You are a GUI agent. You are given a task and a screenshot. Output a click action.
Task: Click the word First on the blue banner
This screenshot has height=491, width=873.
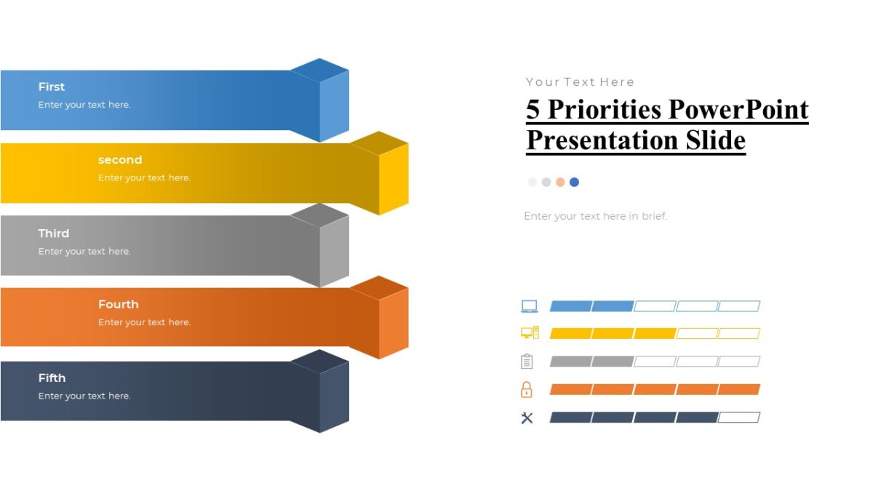[51, 87]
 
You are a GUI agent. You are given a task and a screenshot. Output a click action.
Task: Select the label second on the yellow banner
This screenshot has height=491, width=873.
[120, 160]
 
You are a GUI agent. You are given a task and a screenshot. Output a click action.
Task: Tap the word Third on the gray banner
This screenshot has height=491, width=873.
[53, 233]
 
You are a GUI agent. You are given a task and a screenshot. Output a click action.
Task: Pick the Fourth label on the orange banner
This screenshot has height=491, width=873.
[118, 304]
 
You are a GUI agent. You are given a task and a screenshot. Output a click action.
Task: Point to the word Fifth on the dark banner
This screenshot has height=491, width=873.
[52, 378]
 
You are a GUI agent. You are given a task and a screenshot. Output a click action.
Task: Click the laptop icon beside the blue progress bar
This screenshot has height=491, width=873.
[529, 306]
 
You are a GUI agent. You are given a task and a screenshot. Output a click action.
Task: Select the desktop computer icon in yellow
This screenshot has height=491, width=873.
[530, 333]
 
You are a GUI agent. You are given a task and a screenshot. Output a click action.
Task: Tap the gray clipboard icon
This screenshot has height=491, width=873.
[527, 361]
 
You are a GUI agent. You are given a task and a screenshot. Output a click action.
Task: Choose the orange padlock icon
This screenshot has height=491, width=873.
[527, 389]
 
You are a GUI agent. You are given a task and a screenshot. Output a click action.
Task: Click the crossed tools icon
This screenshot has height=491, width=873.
[527, 418]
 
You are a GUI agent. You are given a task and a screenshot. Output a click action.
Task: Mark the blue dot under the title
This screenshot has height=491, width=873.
[574, 182]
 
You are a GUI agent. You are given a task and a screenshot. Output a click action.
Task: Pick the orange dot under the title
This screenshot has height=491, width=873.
[560, 182]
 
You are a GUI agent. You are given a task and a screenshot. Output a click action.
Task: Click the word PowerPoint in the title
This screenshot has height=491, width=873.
[738, 109]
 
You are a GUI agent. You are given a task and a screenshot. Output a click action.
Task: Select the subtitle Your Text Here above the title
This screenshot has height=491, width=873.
[580, 81]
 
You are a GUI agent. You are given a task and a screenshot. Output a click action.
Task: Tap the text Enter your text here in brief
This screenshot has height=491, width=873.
[595, 216]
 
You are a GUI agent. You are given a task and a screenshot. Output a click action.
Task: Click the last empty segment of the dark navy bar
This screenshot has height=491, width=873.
[739, 418]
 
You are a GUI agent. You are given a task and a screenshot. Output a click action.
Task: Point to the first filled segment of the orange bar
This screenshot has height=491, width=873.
[570, 389]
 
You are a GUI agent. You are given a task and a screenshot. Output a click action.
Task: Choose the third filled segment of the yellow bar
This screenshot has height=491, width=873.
[655, 333]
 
